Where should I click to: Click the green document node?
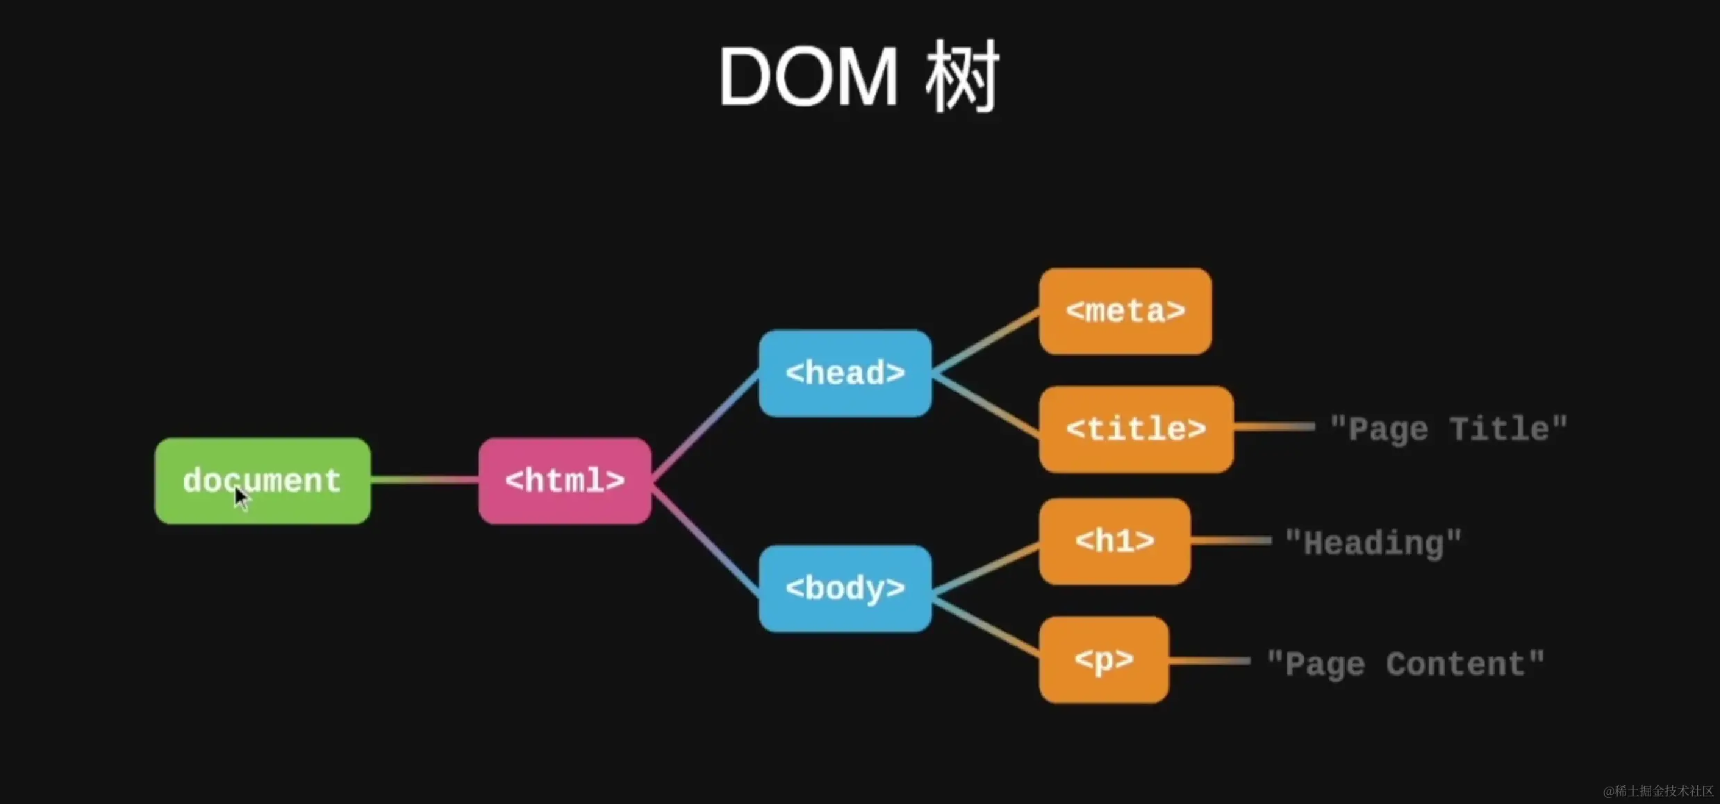click(262, 481)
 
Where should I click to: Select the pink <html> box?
click(564, 481)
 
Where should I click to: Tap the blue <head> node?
click(845, 373)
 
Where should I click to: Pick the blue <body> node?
click(845, 589)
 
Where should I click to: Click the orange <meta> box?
click(1125, 311)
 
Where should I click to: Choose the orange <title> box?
click(1136, 429)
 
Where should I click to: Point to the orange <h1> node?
click(1114, 541)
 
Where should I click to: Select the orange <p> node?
click(1104, 659)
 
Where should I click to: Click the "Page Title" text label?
click(1448, 429)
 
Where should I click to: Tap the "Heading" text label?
click(1373, 543)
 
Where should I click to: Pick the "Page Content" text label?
click(1405, 664)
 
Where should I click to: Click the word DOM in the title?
click(808, 76)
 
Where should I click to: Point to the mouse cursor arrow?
click(240, 497)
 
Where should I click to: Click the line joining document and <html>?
click(424, 479)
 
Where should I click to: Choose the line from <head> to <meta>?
click(985, 342)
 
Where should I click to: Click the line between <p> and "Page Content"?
click(1209, 661)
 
